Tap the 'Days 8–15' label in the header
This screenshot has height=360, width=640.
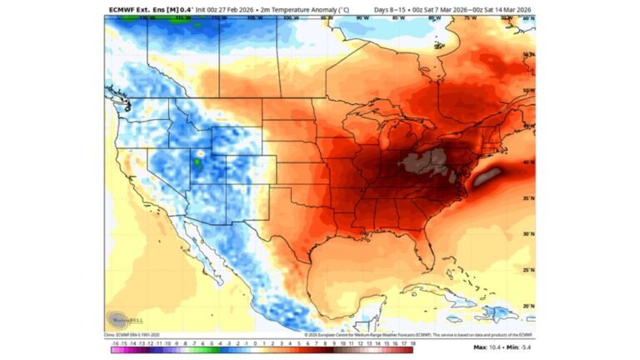(x=390, y=10)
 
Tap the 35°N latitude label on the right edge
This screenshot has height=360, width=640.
(x=527, y=198)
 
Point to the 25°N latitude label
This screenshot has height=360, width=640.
(x=527, y=270)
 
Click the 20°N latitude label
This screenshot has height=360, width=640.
(x=527, y=306)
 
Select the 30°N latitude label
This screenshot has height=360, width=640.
(x=527, y=234)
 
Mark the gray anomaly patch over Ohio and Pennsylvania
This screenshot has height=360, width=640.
(x=425, y=160)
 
